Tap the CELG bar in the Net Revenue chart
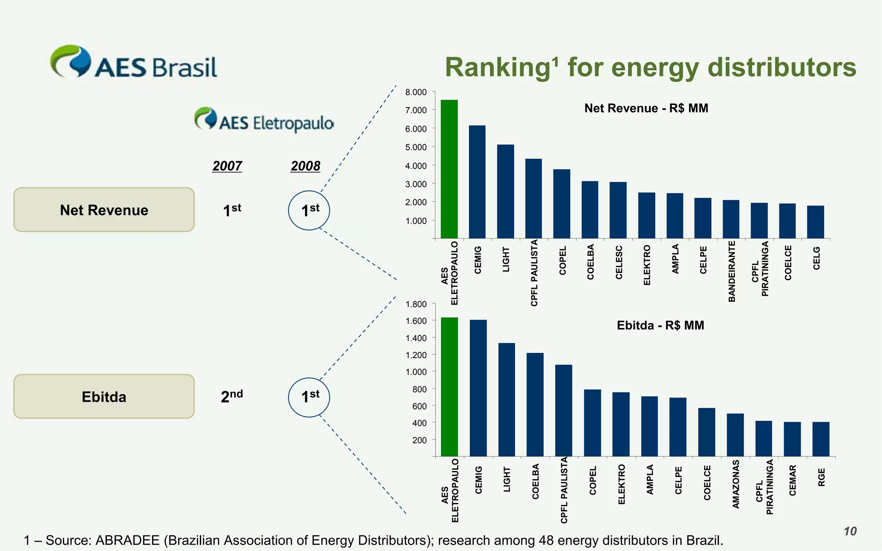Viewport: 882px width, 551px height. [x=815, y=222]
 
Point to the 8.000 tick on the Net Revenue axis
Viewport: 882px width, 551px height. [x=416, y=92]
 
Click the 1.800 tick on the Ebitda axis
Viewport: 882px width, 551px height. [x=416, y=304]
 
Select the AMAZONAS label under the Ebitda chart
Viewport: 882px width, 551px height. [x=736, y=484]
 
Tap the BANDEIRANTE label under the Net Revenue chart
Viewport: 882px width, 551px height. [x=732, y=271]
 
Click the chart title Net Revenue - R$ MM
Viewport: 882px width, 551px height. [x=646, y=108]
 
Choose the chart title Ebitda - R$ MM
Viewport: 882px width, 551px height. [x=660, y=325]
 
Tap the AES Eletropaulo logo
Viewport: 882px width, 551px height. [x=264, y=120]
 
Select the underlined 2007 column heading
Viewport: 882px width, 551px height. [x=227, y=166]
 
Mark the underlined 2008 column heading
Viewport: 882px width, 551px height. [x=305, y=166]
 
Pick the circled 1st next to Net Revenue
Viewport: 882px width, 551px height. [x=309, y=210]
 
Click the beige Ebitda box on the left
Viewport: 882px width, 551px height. [x=104, y=396]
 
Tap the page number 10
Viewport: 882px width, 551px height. [x=850, y=531]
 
